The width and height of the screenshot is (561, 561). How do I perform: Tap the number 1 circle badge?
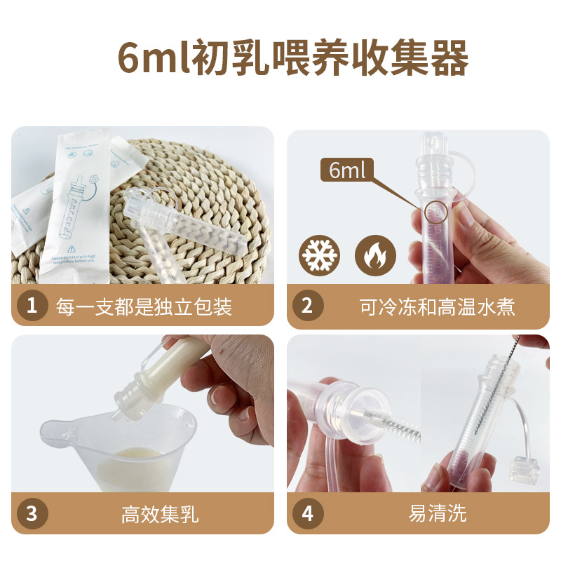click(31, 306)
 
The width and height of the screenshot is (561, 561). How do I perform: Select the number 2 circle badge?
click(307, 306)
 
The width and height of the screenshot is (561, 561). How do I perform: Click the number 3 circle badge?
click(31, 513)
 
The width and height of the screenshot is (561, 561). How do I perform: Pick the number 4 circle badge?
click(307, 513)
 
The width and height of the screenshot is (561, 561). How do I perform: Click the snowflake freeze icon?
click(319, 255)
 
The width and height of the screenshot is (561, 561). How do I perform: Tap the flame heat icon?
click(375, 255)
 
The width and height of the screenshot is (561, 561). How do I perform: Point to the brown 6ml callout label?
click(347, 170)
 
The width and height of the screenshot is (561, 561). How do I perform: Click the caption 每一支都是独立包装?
click(144, 306)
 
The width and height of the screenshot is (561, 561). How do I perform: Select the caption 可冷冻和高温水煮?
click(437, 306)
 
